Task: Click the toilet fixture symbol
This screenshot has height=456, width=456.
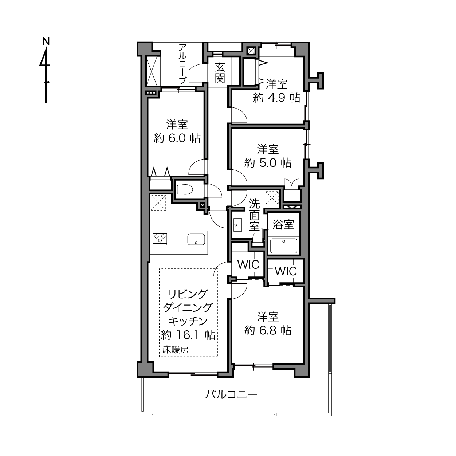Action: coord(185,189)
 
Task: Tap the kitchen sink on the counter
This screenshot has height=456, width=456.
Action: coord(196,240)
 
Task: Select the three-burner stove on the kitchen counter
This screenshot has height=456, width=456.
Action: coord(160,239)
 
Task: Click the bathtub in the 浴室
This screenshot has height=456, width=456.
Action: coord(284,246)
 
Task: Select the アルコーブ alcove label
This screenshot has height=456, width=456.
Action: coord(182,64)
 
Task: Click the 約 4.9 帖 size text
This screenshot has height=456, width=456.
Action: coord(277,98)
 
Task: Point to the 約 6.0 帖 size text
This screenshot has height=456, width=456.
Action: coord(177,138)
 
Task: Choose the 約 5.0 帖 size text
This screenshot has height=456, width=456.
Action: coord(268,163)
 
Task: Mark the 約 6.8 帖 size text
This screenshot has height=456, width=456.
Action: coord(268,330)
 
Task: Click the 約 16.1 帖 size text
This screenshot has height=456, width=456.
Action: coord(188,335)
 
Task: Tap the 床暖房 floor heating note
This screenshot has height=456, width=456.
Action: coord(175,350)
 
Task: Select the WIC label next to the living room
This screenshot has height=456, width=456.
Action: coord(248,265)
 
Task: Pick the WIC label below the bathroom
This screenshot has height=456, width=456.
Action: coord(286,271)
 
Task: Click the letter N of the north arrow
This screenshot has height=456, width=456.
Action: coord(46,41)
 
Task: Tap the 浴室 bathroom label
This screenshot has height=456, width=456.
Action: coord(283,224)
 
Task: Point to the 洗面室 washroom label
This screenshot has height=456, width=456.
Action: coord(254,215)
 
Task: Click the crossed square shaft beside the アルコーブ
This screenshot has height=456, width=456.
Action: coord(152,72)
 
